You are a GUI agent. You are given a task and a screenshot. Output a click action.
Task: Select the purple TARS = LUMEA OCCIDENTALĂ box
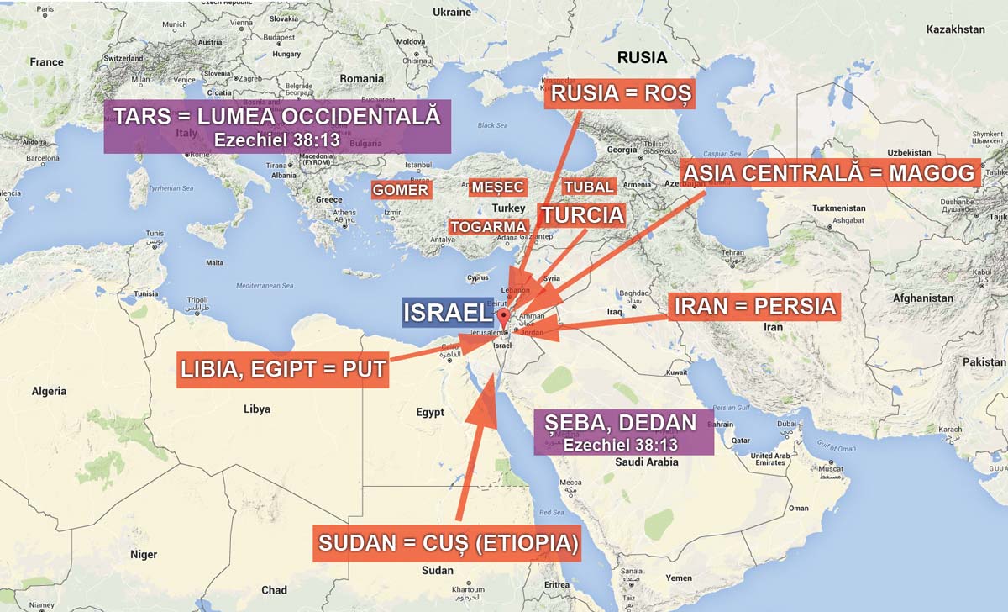[x=277, y=126]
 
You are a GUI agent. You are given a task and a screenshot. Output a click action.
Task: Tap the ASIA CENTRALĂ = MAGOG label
[x=830, y=173]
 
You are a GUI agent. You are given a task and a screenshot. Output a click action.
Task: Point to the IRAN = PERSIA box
[x=756, y=307]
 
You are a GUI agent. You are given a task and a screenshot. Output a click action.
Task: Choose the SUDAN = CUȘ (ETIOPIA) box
[x=448, y=544]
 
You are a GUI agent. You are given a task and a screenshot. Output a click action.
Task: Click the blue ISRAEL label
[x=446, y=313]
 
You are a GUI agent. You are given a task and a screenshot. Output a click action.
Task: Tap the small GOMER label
[x=401, y=190]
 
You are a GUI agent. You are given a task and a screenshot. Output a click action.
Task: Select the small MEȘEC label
[x=497, y=187]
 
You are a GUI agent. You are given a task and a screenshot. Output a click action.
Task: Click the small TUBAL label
[x=589, y=186]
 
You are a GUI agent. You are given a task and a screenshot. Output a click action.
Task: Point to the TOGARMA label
[x=488, y=227]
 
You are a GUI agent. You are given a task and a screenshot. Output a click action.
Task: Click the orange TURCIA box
[x=583, y=215]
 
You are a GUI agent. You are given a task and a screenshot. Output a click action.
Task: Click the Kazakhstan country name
[x=955, y=29]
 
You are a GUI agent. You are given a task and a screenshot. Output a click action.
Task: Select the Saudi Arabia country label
[x=646, y=462]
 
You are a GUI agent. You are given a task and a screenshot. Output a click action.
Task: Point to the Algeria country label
[x=49, y=391]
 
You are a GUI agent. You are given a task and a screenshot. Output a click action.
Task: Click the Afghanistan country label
[x=922, y=298]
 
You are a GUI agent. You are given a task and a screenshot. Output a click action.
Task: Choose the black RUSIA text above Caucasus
[x=642, y=58]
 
